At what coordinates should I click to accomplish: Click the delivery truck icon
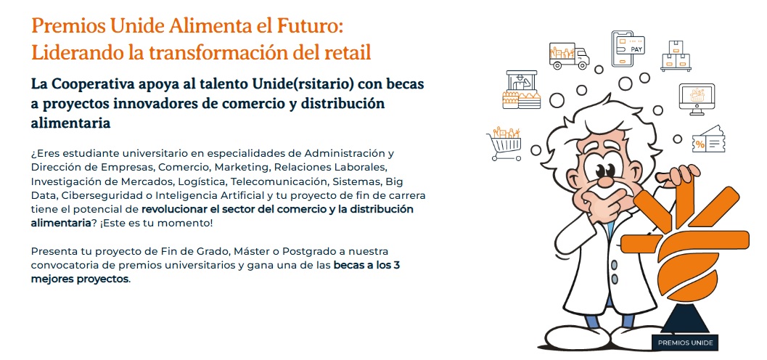coord(569,56)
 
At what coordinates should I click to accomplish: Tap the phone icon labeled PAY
coord(627,49)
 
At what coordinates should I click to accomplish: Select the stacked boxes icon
coord(676,56)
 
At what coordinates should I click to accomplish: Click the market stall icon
coord(522,89)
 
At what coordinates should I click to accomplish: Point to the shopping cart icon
coord(504,144)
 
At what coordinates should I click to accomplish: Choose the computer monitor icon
coord(696,99)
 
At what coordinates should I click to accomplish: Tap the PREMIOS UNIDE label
coord(685,343)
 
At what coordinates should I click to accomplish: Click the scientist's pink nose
coord(606,181)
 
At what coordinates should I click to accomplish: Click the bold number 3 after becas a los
coord(397,266)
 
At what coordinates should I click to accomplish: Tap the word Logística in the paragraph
coord(205,181)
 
